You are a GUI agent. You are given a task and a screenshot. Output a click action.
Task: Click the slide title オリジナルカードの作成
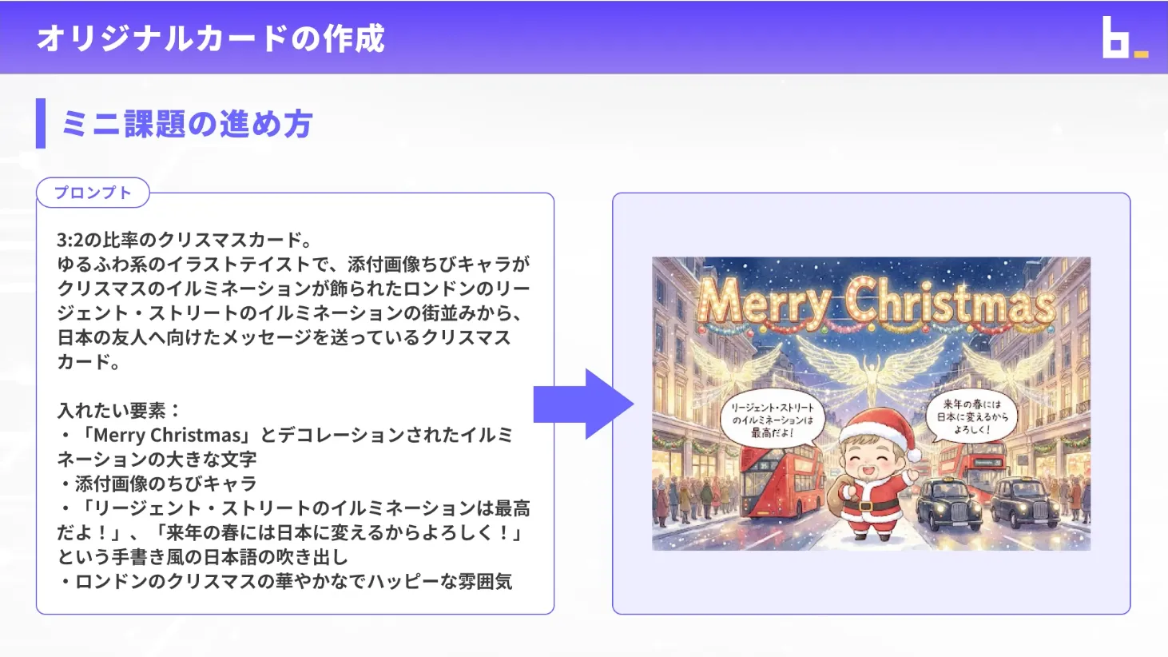211,38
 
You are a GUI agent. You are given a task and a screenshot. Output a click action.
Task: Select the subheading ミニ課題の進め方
187,124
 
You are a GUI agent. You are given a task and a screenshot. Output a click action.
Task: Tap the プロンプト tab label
93,193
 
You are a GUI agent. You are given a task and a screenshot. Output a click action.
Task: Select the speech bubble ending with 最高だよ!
772,420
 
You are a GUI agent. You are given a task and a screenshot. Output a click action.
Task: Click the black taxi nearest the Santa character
948,501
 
